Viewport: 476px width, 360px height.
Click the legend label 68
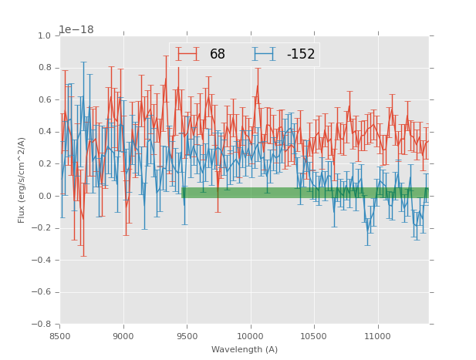click(x=218, y=55)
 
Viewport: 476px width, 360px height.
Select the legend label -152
click(x=301, y=55)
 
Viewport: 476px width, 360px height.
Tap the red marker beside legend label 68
click(x=187, y=55)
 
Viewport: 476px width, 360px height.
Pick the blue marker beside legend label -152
click(x=265, y=55)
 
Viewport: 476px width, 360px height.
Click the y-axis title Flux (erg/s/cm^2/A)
click(x=22, y=180)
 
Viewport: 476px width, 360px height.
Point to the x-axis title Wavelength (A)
click(x=245, y=349)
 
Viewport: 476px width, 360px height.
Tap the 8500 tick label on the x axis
click(x=60, y=336)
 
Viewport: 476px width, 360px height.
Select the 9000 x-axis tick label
click(x=123, y=336)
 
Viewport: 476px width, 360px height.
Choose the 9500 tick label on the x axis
click(x=187, y=336)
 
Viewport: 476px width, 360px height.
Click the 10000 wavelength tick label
click(x=251, y=336)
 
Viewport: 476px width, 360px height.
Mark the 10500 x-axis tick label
click(x=314, y=336)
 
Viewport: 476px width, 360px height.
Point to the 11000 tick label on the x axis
click(x=378, y=336)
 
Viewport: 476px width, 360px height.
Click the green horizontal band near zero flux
click(x=305, y=193)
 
